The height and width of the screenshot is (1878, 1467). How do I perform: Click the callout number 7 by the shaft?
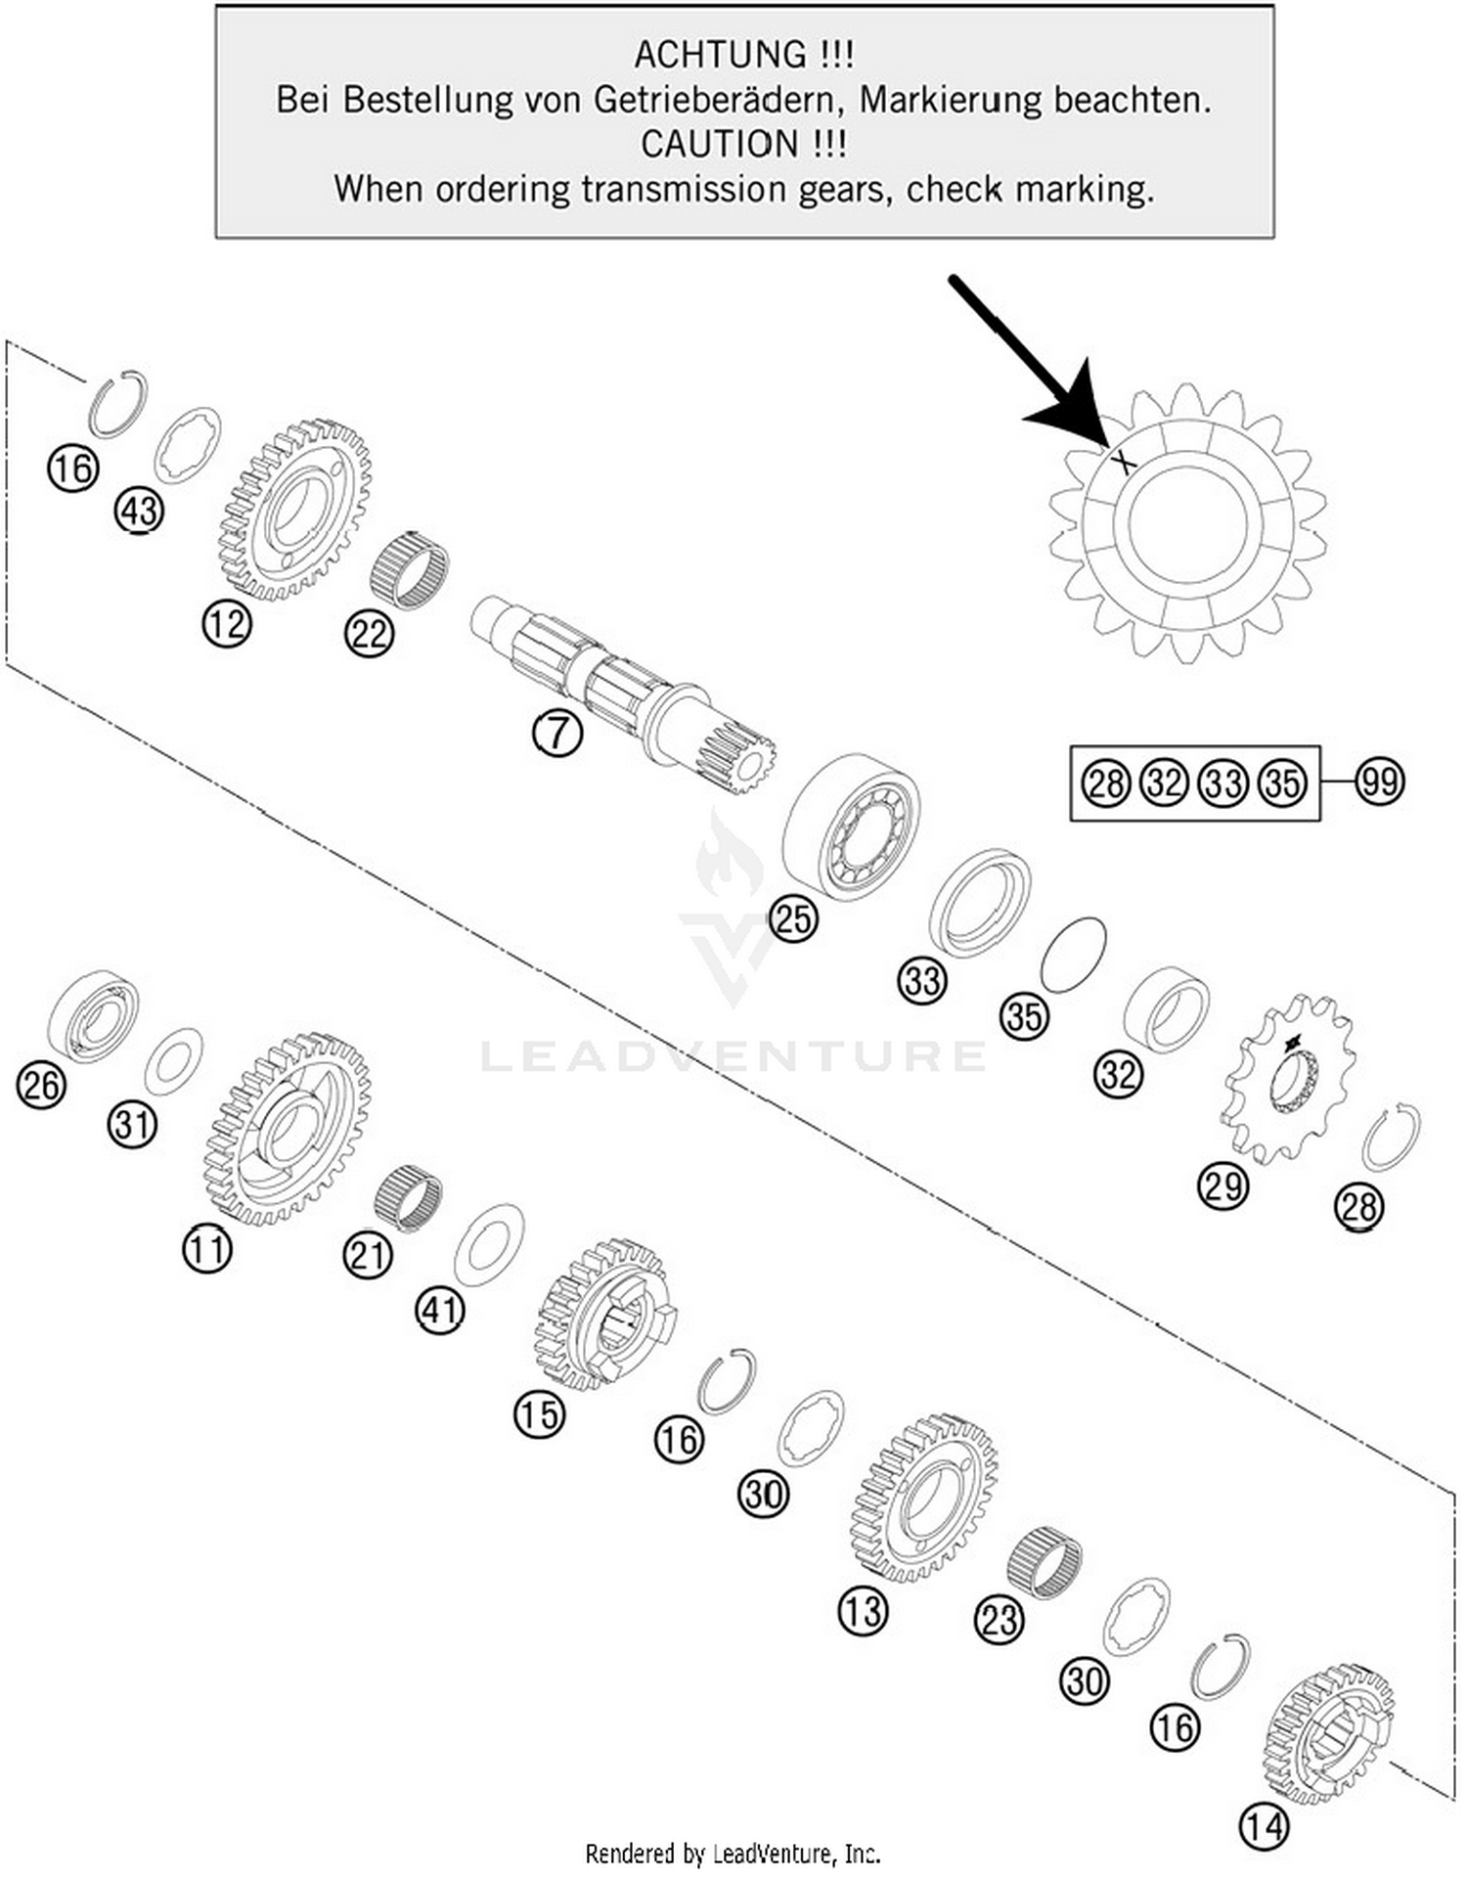[557, 732]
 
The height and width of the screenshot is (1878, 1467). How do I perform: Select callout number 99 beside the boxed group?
[1379, 782]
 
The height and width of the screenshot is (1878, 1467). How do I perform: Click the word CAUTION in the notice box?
[719, 144]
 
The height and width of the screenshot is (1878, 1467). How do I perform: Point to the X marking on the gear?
[1125, 460]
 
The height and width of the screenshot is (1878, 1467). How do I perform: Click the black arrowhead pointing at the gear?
[1071, 411]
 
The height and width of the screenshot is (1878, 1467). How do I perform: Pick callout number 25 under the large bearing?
[792, 919]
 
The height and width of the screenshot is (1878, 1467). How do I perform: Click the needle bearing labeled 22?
[409, 569]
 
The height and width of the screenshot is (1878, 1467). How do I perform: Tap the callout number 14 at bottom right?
[1264, 1825]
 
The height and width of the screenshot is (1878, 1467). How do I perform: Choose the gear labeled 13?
[924, 1497]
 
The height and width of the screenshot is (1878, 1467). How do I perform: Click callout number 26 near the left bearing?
[41, 1085]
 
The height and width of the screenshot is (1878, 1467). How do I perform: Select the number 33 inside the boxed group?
[1223, 783]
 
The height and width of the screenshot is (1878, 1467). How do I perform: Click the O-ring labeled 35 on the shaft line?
[1073, 954]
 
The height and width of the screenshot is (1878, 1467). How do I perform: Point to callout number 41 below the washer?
[439, 1310]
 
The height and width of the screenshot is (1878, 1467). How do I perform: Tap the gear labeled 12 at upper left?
[295, 511]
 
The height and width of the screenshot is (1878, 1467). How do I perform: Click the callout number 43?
[139, 512]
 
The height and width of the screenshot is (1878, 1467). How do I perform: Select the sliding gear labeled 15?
[601, 1314]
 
